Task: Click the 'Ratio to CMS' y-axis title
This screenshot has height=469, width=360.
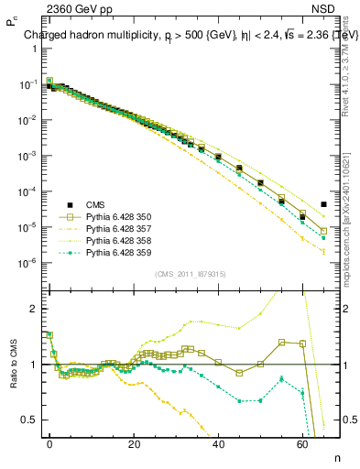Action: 14,364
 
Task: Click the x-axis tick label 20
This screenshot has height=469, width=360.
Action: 134,442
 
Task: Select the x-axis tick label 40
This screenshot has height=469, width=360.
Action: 218,442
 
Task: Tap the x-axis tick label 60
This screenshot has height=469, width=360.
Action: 302,442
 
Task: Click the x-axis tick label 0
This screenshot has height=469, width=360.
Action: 49,442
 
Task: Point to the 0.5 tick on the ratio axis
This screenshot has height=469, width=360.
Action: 29,420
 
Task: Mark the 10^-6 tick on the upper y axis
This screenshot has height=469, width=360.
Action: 27,263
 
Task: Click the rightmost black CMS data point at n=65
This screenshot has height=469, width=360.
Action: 324,204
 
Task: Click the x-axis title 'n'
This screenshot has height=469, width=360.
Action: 335,455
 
